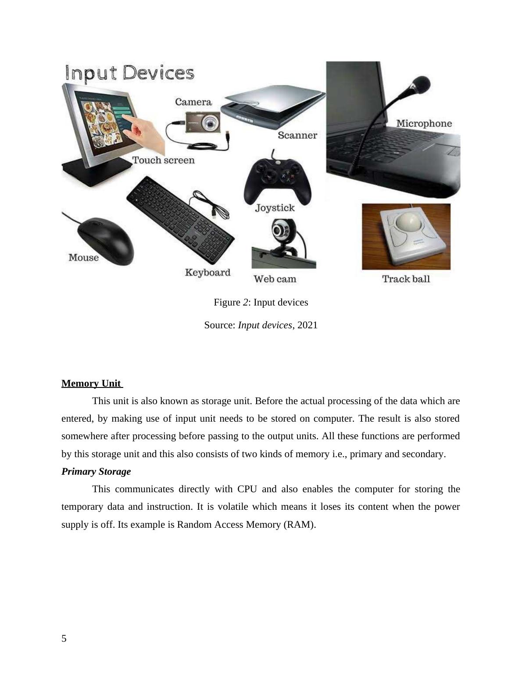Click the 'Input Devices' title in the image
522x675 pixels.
pyautogui.click(x=129, y=73)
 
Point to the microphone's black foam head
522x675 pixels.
pyautogui.click(x=421, y=83)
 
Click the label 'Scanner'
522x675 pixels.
pyautogui.click(x=297, y=135)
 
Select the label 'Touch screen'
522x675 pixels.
pyautogui.click(x=163, y=160)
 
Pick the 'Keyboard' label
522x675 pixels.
pyautogui.click(x=207, y=273)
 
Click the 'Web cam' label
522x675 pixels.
pyautogui.click(x=275, y=279)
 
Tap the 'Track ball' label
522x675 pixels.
pyautogui.click(x=406, y=279)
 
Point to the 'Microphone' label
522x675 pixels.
pyautogui.click(x=424, y=124)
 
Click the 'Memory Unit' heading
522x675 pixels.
pyautogui.click(x=91, y=384)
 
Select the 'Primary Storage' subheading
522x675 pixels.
pyautogui.click(x=96, y=472)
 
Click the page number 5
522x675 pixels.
pyautogui.click(x=64, y=639)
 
